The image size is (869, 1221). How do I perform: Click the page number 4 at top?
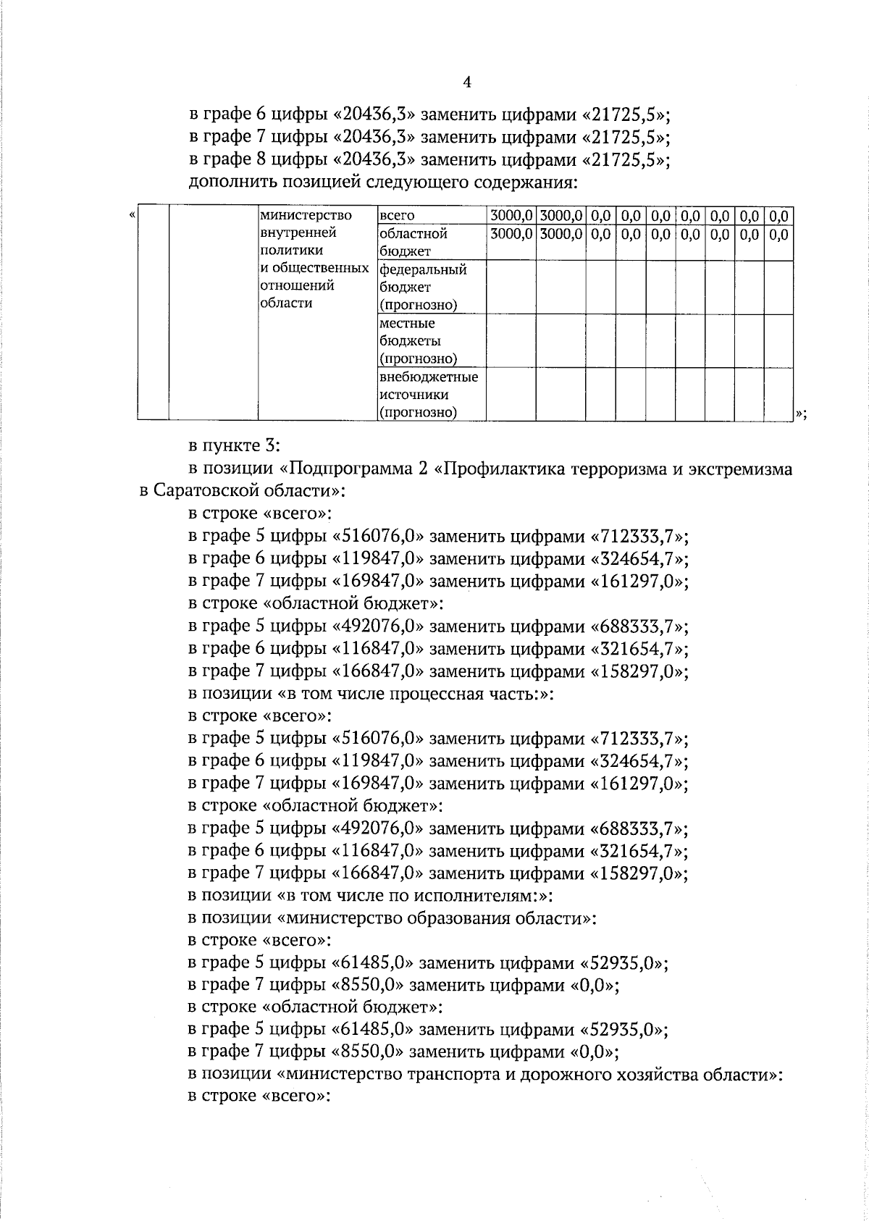click(467, 83)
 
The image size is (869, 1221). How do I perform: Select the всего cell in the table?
click(397, 216)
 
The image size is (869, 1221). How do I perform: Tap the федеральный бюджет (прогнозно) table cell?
click(424, 288)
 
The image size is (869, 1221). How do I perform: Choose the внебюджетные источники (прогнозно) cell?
click(428, 395)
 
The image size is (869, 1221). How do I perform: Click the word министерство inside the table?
click(306, 216)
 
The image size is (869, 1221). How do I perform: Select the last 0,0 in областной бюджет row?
click(778, 234)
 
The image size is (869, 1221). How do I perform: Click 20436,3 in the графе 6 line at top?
click(374, 114)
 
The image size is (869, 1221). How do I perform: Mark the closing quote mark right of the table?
click(799, 414)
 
